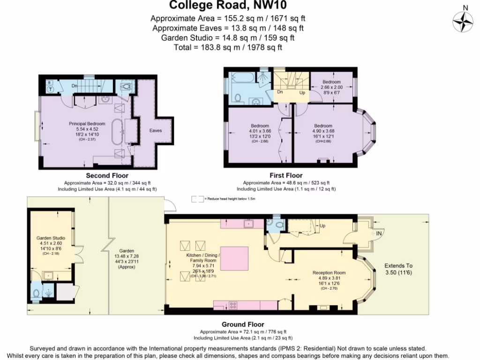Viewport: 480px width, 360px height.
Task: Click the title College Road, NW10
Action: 227,6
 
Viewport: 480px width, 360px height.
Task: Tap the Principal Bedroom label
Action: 87,124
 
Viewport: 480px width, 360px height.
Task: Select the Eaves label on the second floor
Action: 156,130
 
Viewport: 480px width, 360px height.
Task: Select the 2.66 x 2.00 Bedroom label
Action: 331,82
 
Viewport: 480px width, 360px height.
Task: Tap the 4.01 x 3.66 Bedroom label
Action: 259,126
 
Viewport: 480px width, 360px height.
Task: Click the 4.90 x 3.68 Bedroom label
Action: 323,126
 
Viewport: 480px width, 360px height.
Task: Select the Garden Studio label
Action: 51,238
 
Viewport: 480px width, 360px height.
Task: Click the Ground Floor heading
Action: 242,324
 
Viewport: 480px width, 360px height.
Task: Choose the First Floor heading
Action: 286,176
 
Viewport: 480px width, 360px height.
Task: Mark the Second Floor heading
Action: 107,176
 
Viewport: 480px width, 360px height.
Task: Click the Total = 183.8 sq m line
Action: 227,47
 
